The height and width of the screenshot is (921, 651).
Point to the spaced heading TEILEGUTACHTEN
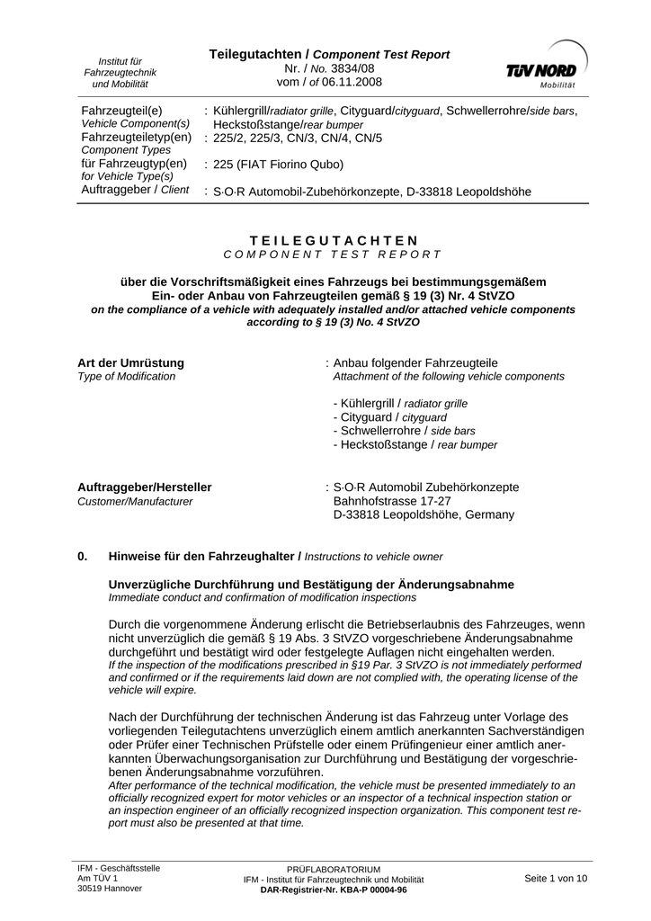point(334,240)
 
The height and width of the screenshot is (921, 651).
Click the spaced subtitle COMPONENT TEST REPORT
point(333,255)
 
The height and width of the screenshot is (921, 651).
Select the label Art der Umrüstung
point(131,362)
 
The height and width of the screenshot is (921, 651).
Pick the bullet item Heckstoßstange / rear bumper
point(415,444)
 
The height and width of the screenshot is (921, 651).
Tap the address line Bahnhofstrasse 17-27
point(392,501)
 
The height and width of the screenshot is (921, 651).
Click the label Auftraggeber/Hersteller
point(145,487)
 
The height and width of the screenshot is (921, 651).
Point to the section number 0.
point(83,557)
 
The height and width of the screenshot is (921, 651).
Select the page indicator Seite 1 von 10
point(556,878)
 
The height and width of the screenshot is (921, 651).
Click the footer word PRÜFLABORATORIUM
point(334,870)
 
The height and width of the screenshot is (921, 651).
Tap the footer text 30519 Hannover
point(110,889)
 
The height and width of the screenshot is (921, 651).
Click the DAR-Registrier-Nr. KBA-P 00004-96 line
point(334,890)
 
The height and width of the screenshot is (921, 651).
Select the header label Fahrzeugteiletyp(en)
point(137,137)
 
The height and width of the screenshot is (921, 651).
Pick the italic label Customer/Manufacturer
point(135,502)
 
